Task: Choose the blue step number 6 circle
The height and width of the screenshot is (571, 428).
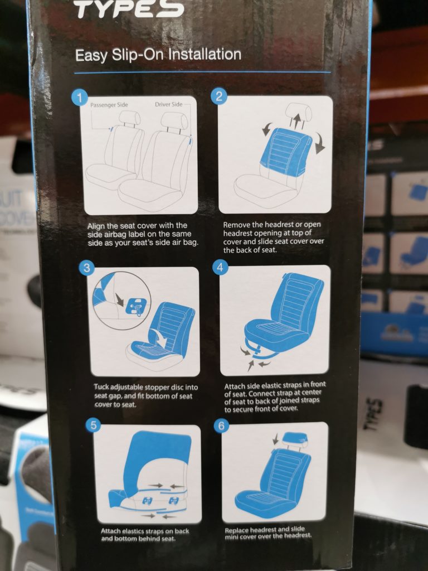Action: pos(221,425)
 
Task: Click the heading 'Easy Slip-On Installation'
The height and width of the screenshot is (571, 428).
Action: pos(158,55)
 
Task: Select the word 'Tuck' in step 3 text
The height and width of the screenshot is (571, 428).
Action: pos(102,387)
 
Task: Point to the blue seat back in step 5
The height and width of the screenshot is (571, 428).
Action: pos(159,452)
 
